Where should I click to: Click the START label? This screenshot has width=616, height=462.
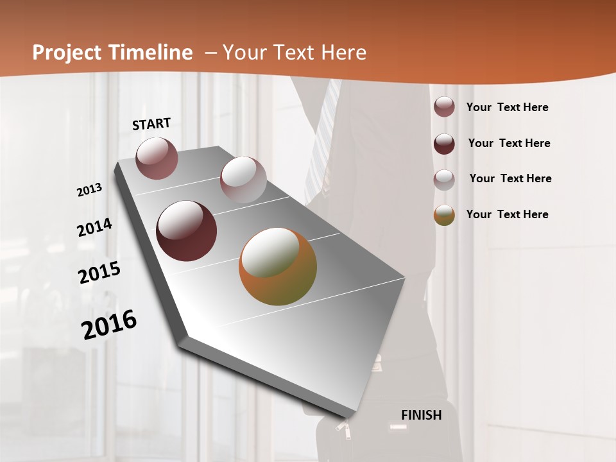pos(151,124)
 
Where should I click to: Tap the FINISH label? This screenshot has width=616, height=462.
pos(421,415)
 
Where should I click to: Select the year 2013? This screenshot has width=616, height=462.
pos(89,190)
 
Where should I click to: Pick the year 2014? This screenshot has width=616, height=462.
pos(94,228)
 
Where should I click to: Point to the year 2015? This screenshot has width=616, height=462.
pos(99,273)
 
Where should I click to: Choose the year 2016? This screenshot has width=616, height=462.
pos(109,325)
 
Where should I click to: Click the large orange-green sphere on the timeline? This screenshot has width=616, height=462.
pos(278,266)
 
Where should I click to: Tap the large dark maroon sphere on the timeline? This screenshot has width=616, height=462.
pos(186,231)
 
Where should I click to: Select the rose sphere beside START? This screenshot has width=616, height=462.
pos(157,158)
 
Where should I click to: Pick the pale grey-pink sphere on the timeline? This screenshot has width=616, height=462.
pos(243,180)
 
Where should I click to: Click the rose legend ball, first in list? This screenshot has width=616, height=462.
pos(444,107)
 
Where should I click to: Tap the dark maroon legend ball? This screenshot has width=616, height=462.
pos(444,143)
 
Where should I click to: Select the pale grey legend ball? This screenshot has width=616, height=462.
pos(444,179)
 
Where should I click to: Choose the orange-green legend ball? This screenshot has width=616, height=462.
pos(444,215)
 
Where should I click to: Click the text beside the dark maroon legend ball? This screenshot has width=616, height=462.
pos(509,143)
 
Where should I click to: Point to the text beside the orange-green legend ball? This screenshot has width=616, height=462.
pos(507,214)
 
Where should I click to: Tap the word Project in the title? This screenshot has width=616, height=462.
pos(64,53)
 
